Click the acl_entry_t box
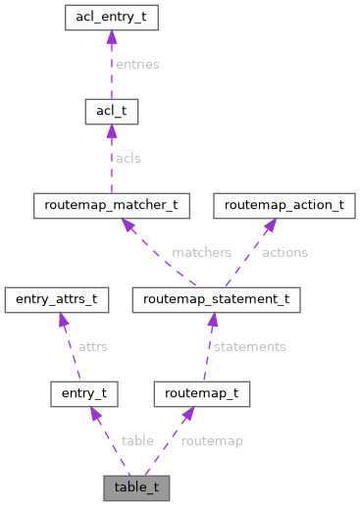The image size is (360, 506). click(110, 18)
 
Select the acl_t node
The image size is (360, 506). click(110, 112)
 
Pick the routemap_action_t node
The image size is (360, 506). click(284, 206)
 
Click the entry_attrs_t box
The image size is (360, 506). click(55, 299)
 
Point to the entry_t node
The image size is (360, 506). click(84, 394)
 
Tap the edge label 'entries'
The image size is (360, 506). click(137, 64)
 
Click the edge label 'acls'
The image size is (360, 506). click(129, 158)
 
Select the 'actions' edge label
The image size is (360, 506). click(283, 252)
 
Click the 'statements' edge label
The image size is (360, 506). click(249, 346)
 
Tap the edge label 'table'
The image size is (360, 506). click(137, 440)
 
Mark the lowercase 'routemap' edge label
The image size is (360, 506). click(213, 440)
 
